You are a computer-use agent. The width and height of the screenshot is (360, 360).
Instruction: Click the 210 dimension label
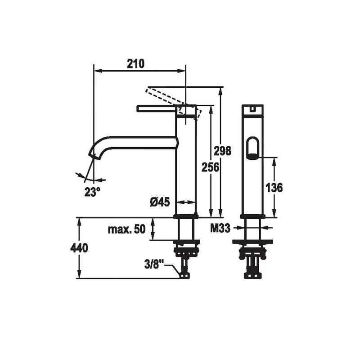tap(136, 63)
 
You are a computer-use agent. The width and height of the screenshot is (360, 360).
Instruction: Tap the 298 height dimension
tap(222, 151)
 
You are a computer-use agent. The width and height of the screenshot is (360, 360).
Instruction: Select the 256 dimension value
tap(210, 167)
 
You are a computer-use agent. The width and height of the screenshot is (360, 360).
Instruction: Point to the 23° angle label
tap(92, 192)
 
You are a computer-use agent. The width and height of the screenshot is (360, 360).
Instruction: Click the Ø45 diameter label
tap(160, 202)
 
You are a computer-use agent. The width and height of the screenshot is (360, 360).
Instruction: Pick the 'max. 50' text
tap(127, 229)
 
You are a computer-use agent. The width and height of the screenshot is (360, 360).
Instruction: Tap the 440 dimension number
tap(79, 248)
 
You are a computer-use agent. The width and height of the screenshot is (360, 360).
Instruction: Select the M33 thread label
tap(220, 228)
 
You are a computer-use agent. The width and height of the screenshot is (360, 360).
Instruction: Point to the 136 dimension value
tap(274, 188)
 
